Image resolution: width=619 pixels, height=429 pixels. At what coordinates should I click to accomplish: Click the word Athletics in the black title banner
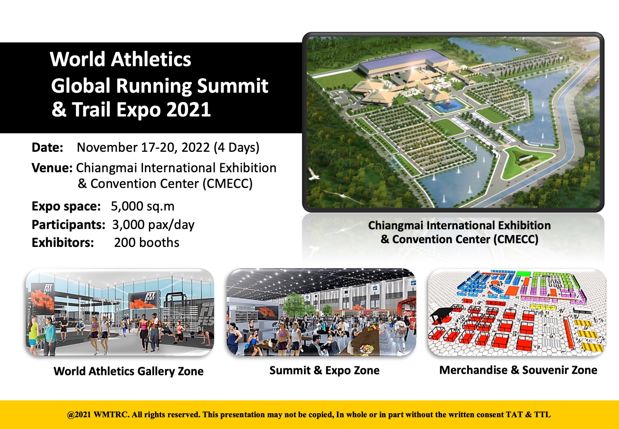(151, 59)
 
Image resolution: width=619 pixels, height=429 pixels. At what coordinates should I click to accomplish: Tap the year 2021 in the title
(188, 110)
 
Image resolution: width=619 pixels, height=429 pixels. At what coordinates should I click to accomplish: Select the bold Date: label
(47, 147)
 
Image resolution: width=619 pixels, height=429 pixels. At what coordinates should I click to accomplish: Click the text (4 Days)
(237, 148)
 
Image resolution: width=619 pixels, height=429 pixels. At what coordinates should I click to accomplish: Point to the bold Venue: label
(52, 168)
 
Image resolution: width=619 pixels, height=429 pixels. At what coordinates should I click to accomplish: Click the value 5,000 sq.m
(143, 206)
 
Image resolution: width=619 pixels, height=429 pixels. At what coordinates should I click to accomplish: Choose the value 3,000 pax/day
(153, 225)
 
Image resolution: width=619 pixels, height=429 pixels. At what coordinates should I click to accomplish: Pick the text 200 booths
(147, 243)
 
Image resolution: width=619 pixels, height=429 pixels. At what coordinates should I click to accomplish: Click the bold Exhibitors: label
(63, 243)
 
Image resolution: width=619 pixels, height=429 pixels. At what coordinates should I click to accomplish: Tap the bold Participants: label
(68, 225)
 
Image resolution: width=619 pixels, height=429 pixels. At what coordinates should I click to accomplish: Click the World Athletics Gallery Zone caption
(128, 371)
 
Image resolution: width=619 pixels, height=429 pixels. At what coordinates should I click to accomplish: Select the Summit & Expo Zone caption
(324, 370)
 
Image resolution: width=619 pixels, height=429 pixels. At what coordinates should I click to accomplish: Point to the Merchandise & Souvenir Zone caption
(518, 370)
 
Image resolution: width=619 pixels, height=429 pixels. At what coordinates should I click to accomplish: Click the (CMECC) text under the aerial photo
(516, 239)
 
